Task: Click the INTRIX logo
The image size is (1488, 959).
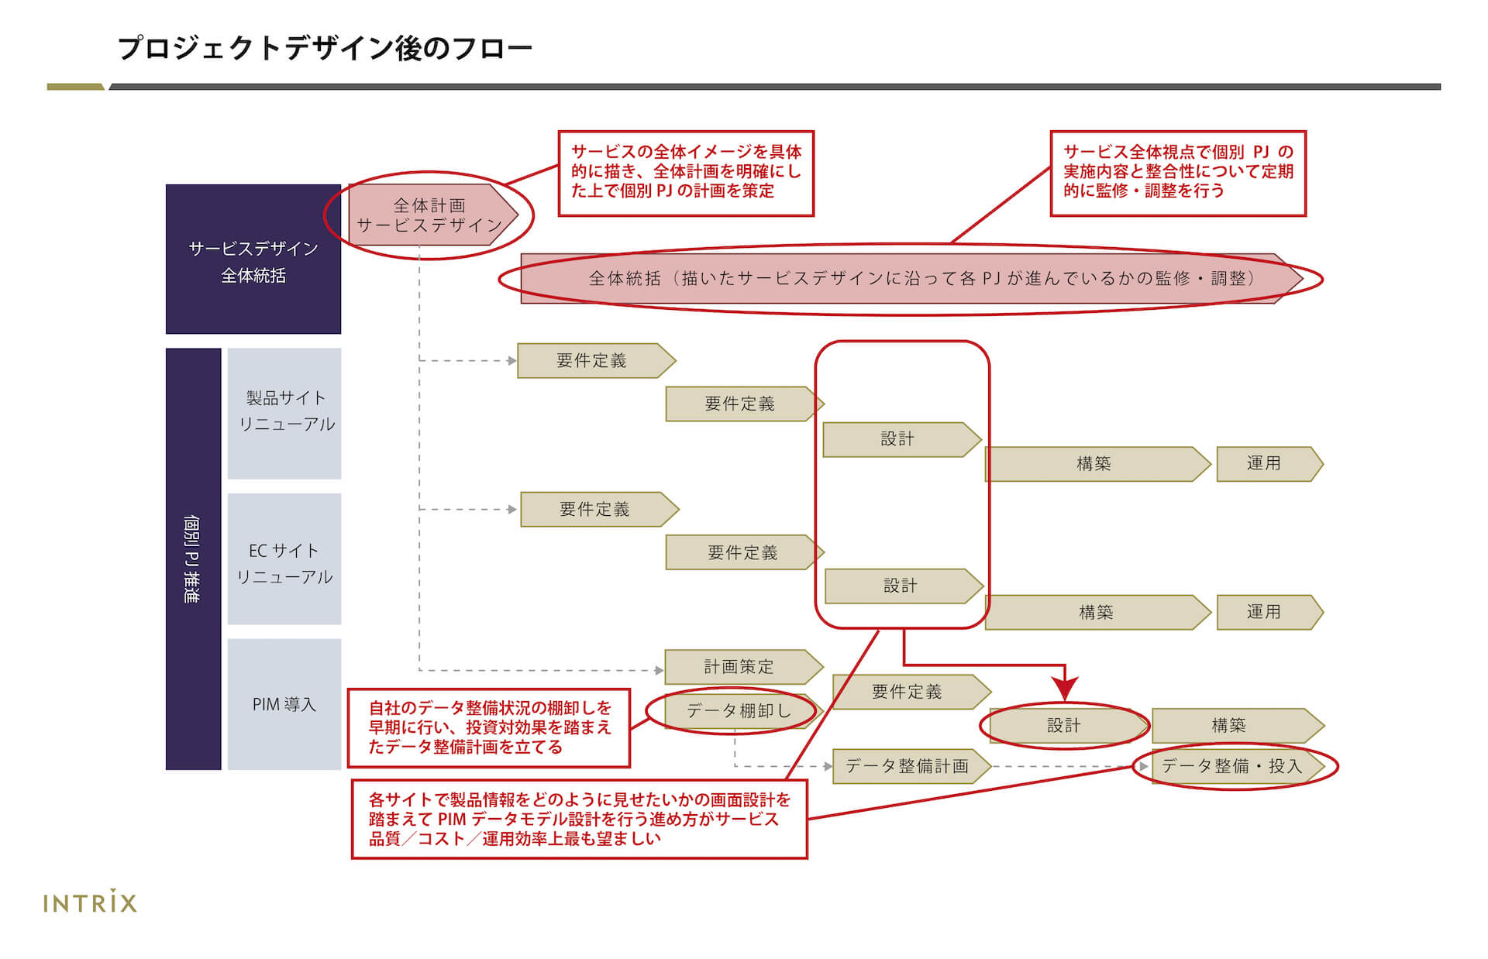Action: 90,902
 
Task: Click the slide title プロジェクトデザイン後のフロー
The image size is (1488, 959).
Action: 325,48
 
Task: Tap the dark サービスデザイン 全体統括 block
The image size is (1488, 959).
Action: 253,259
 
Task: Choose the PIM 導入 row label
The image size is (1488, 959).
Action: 284,704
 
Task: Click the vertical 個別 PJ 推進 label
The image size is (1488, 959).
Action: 193,559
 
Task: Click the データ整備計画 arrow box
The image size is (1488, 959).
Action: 911,766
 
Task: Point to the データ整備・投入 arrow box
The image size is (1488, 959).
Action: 1237,766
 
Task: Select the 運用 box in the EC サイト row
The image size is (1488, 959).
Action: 1269,612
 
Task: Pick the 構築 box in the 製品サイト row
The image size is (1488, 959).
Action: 1097,464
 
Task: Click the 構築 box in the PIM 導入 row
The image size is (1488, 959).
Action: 1238,726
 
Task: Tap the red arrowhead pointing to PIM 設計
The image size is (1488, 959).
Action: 1066,689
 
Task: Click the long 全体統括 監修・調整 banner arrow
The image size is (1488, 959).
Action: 911,278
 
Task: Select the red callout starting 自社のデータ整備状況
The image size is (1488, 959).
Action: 489,727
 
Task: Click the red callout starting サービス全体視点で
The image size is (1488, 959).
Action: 1178,173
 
